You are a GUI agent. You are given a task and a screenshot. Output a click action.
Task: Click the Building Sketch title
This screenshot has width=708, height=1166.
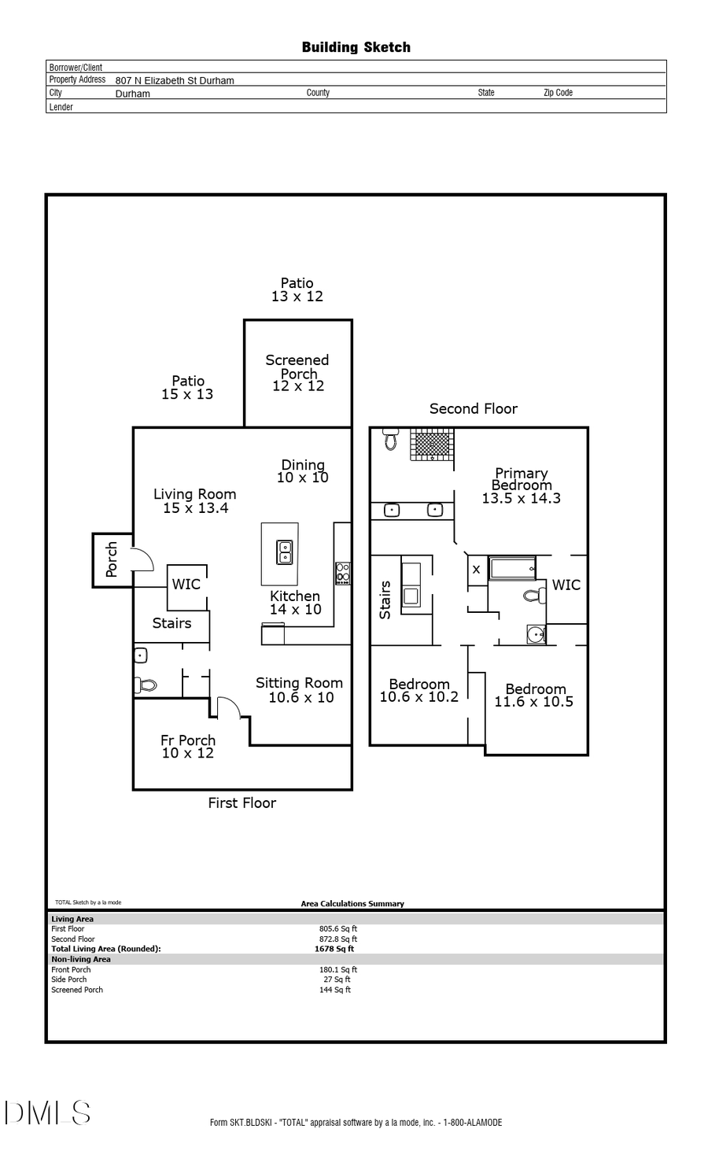[x=356, y=47]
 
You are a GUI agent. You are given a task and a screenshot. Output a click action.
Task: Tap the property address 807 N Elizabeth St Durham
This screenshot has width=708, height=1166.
[x=174, y=80]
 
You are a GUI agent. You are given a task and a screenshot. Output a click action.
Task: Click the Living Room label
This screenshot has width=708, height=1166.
[x=194, y=500]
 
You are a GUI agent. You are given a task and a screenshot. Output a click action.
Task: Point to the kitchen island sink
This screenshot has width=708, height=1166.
[x=285, y=552]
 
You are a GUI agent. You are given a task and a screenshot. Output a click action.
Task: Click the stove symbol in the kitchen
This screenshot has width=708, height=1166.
[x=343, y=573]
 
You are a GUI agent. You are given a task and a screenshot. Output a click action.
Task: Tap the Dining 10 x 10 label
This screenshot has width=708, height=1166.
[x=303, y=471]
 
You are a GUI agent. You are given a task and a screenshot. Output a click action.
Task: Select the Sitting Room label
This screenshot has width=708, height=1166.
[x=300, y=690]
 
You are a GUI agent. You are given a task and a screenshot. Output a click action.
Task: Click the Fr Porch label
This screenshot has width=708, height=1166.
[x=188, y=746]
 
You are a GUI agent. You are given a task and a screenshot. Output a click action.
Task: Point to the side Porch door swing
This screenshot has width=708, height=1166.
[x=142, y=558]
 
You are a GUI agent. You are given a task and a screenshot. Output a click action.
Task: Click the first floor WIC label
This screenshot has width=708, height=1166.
[x=186, y=584]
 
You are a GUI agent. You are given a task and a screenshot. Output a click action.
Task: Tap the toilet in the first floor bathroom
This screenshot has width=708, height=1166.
[x=146, y=685]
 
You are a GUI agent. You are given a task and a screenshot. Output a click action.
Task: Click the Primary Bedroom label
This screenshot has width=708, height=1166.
[x=521, y=485]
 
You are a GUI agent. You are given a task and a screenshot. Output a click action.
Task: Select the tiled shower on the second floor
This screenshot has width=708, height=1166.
[x=432, y=445]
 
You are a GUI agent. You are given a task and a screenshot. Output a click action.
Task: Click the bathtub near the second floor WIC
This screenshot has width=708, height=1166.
[x=512, y=568]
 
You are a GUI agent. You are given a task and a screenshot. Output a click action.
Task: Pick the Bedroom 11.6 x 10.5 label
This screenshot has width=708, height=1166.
[x=534, y=695]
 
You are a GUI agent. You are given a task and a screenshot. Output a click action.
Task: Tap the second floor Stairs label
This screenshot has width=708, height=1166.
[x=385, y=600]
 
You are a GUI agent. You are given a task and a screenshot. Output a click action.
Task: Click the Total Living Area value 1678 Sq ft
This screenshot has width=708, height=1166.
[x=334, y=949]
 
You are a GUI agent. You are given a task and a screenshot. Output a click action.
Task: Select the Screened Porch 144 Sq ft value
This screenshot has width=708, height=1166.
[x=335, y=990]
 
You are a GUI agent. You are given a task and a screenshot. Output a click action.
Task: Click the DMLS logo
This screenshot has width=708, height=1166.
[x=48, y=1112]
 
